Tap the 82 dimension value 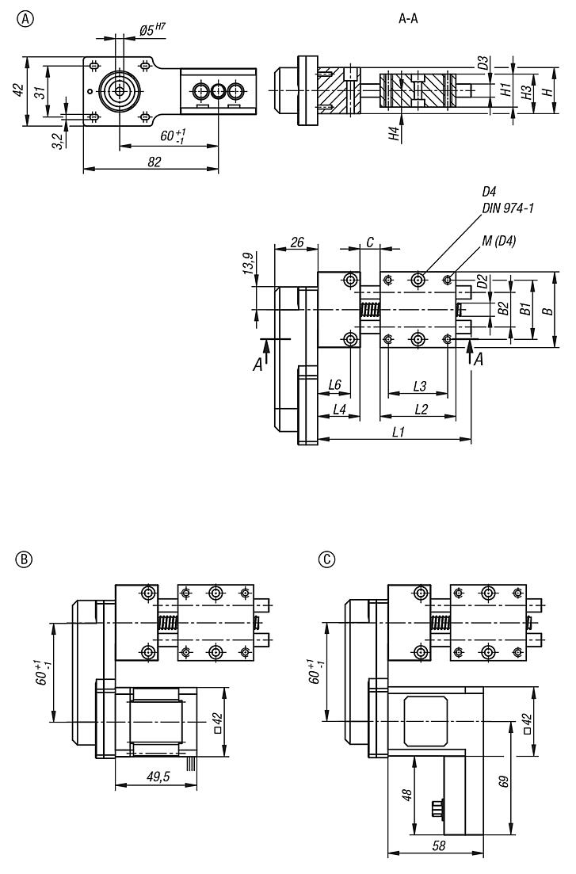[154, 161]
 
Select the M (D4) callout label [498, 242]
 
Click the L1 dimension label [399, 433]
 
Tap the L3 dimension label [421, 386]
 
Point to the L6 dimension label [334, 386]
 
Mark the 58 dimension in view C [438, 845]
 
